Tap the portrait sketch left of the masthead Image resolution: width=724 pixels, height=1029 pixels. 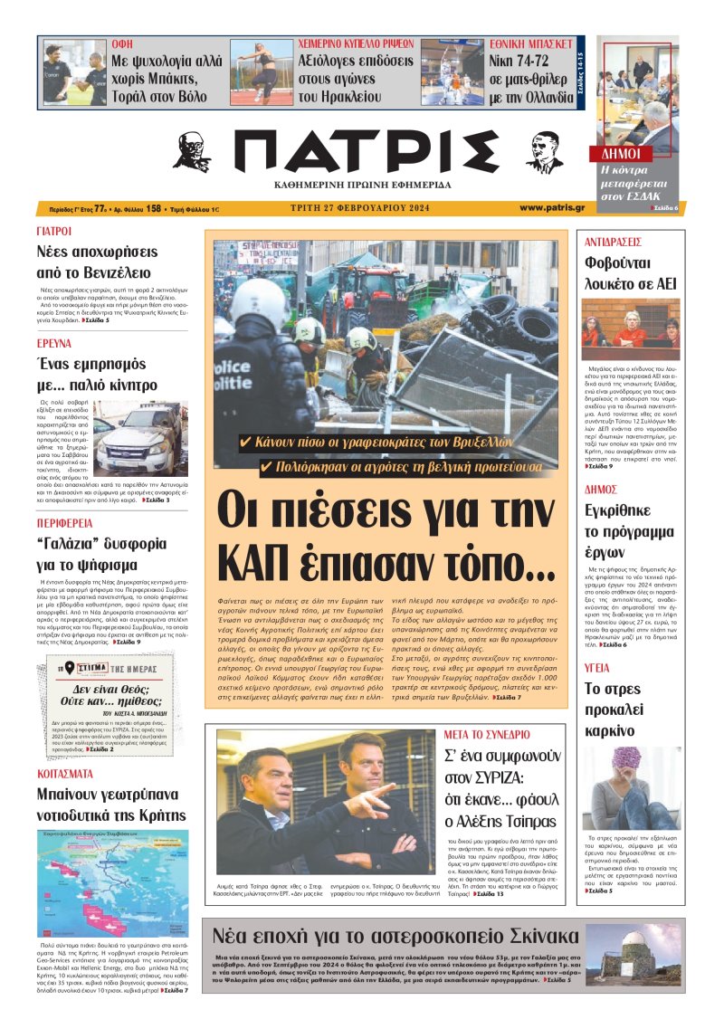192,152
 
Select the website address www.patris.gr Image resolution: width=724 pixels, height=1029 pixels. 551,207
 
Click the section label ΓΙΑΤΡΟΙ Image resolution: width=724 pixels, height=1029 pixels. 54,232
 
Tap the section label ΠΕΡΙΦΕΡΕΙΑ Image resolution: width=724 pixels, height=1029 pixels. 67,523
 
